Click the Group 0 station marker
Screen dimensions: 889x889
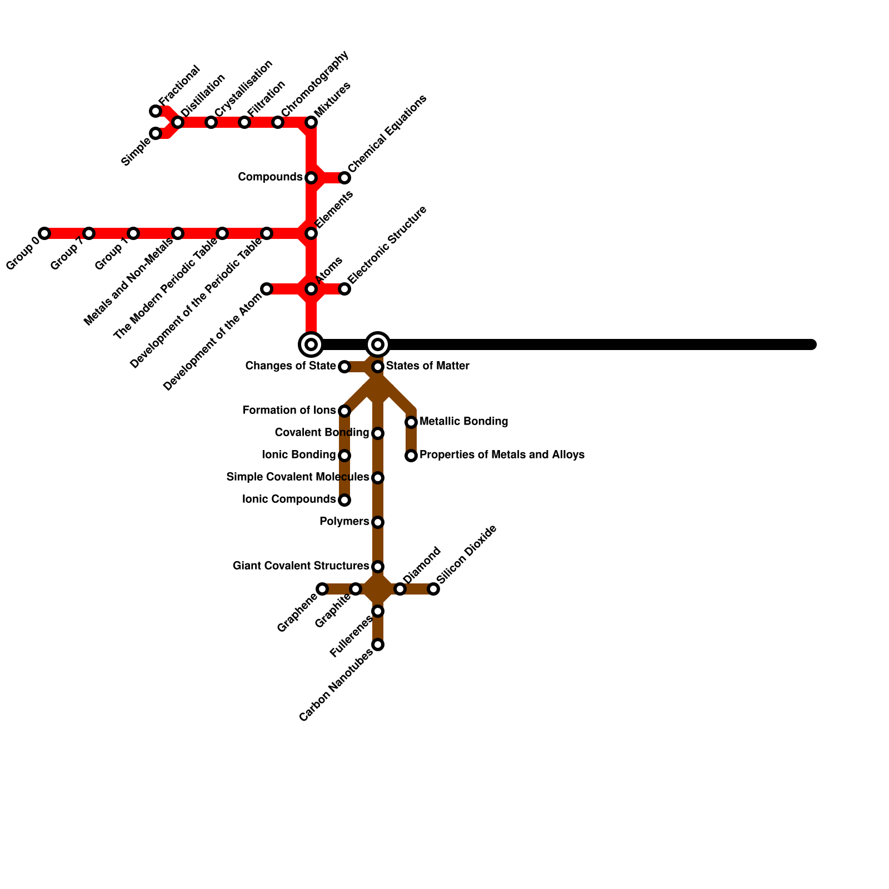click(44, 233)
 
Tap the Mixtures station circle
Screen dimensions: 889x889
click(311, 122)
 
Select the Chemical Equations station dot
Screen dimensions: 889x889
click(344, 178)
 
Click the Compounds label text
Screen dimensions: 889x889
click(269, 177)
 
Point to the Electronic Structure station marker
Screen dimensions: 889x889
click(344, 289)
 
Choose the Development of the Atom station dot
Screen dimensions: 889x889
click(267, 289)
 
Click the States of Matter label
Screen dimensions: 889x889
click(427, 366)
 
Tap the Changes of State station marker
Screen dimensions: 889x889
click(344, 367)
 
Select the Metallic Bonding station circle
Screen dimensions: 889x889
click(411, 422)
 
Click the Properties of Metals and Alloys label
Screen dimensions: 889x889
click(501, 455)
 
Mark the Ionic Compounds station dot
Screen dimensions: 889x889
click(344, 500)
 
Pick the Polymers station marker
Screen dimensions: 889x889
click(378, 522)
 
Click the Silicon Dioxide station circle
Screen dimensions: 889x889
click(433, 589)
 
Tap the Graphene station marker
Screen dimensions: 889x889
click(322, 589)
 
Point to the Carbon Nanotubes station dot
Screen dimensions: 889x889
click(378, 645)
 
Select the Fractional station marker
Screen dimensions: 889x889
click(156, 111)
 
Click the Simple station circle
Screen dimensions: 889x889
click(156, 133)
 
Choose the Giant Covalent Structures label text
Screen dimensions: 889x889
click(301, 566)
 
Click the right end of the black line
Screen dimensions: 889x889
click(812, 344)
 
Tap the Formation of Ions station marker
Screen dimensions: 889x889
click(344, 411)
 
